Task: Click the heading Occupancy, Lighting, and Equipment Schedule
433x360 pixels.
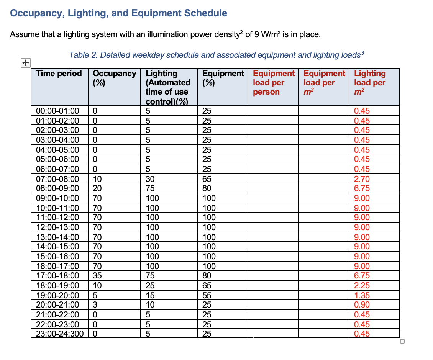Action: pos(118,13)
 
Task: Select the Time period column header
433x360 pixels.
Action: pos(59,74)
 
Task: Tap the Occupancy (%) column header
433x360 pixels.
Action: pos(115,78)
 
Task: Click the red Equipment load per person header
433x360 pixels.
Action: pos(274,82)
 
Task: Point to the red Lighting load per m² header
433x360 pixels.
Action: pos(370,82)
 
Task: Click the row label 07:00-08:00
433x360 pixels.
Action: pos(57,179)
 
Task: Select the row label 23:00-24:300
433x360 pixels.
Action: pos(59,334)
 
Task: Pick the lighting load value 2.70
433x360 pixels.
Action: pos(362,179)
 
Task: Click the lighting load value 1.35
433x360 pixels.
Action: pos(362,295)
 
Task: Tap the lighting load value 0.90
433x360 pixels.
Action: pos(362,305)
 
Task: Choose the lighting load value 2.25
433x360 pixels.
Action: pos(362,285)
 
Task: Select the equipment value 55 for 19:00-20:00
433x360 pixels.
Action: pos(207,295)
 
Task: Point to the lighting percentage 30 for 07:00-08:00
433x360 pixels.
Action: pos(150,179)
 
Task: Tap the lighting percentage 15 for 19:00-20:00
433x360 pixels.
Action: pos(150,295)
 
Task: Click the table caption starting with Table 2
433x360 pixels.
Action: pos(216,55)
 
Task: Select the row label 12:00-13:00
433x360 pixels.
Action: pos(57,227)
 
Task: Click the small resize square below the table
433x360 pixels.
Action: pos(402,342)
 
